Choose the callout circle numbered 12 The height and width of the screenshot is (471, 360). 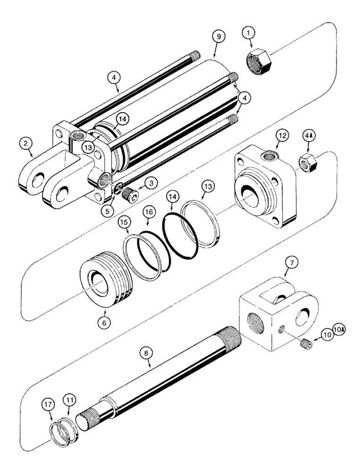281,136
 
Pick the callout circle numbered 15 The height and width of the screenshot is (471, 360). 124,221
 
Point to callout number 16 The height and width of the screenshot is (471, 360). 149,213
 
